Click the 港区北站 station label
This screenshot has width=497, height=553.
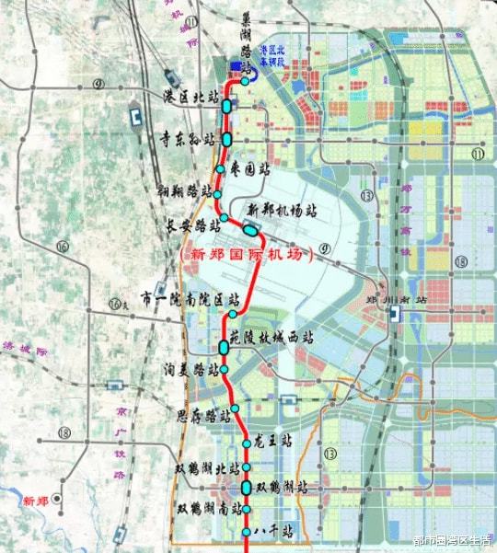click(x=191, y=97)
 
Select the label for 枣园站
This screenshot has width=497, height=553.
click(x=251, y=169)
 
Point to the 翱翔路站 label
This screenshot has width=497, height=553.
click(x=184, y=192)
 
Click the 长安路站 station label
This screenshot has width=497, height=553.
click(x=192, y=225)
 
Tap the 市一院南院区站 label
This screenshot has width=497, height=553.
click(x=191, y=298)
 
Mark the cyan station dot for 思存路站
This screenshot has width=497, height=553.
click(x=235, y=407)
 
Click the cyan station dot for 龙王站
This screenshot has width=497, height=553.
click(x=247, y=444)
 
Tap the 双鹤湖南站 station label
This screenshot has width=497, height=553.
click(x=209, y=507)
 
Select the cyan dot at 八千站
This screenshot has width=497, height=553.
click(x=246, y=533)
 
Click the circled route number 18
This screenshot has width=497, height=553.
click(x=64, y=433)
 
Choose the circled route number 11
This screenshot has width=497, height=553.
click(x=478, y=155)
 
